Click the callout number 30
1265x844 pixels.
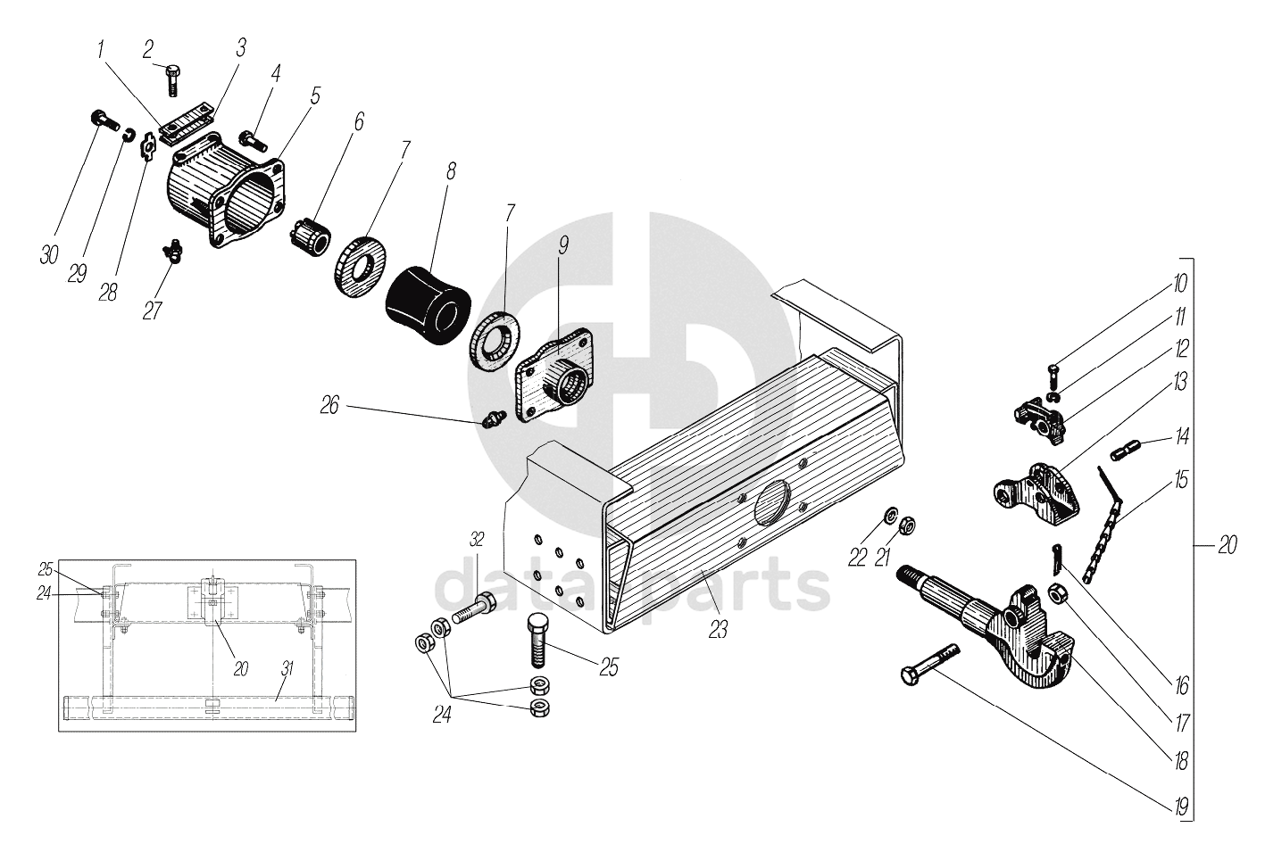click(x=49, y=255)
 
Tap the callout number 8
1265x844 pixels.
click(x=451, y=171)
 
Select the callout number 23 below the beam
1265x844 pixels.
click(x=718, y=629)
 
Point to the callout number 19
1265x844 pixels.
click(x=1181, y=807)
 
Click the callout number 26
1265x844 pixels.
click(x=329, y=405)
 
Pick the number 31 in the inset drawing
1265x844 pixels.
click(x=287, y=669)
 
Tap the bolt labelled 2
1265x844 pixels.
click(x=172, y=80)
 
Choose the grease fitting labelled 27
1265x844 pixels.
click(x=171, y=250)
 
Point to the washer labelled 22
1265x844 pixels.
click(x=889, y=515)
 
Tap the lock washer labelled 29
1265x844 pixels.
click(x=129, y=135)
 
